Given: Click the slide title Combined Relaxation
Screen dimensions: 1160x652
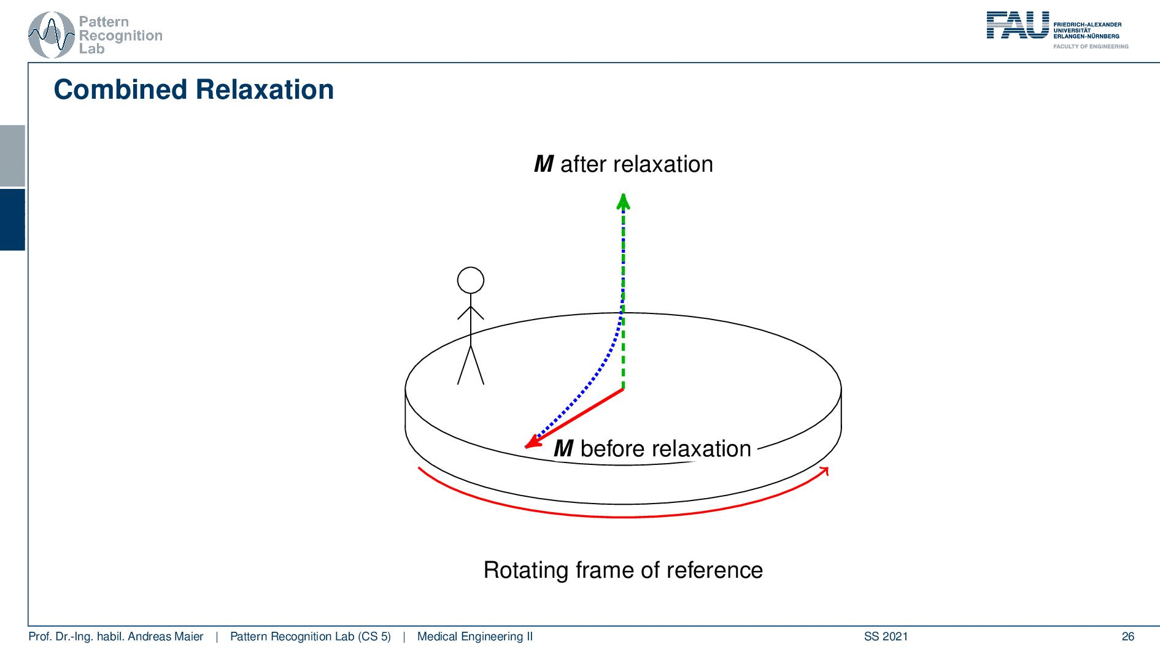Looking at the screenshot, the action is pos(194,90).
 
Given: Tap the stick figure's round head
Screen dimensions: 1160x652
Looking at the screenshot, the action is pos(471,280).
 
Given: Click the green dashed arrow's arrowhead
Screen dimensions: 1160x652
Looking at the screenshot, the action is pos(624,201).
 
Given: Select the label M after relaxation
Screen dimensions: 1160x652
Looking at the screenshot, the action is pos(624,164).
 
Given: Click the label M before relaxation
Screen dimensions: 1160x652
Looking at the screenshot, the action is pos(652,449).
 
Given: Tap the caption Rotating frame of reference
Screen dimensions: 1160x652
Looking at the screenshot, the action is pos(623,570).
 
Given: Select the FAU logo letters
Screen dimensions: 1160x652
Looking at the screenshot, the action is pos(1018,25).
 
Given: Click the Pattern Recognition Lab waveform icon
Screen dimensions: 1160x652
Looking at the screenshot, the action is pos(52,35).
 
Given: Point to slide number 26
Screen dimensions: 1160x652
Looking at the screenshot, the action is pos(1128,637).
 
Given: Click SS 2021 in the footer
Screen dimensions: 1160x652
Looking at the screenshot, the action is pos(886,637).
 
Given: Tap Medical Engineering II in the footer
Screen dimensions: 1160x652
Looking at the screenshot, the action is pos(475,637).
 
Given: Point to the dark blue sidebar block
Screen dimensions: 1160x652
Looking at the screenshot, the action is pos(12,220).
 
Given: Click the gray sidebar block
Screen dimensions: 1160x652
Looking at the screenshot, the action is pos(12,156).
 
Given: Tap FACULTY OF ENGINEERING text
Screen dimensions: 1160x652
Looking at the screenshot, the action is pos(1091,47).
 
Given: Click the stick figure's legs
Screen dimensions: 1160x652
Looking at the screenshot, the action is pos(471,365).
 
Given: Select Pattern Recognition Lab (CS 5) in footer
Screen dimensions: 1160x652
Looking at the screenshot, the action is pos(310,637).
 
